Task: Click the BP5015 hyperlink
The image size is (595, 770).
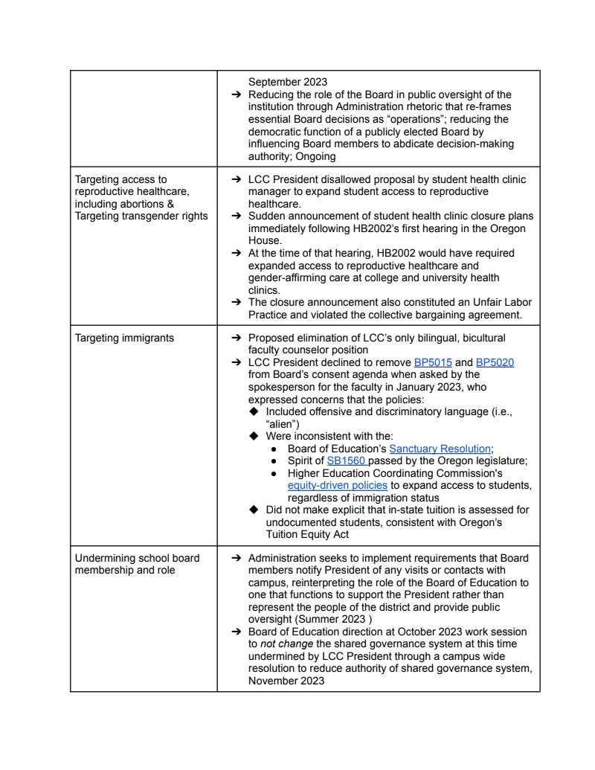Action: click(432, 362)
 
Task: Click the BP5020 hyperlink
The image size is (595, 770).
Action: click(495, 362)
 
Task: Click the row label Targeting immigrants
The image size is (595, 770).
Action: click(124, 338)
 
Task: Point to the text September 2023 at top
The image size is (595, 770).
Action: click(287, 82)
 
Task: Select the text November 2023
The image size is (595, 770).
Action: click(286, 680)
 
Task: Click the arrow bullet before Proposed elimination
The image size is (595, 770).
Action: click(234, 339)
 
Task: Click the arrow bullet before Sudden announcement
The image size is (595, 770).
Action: click(234, 216)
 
